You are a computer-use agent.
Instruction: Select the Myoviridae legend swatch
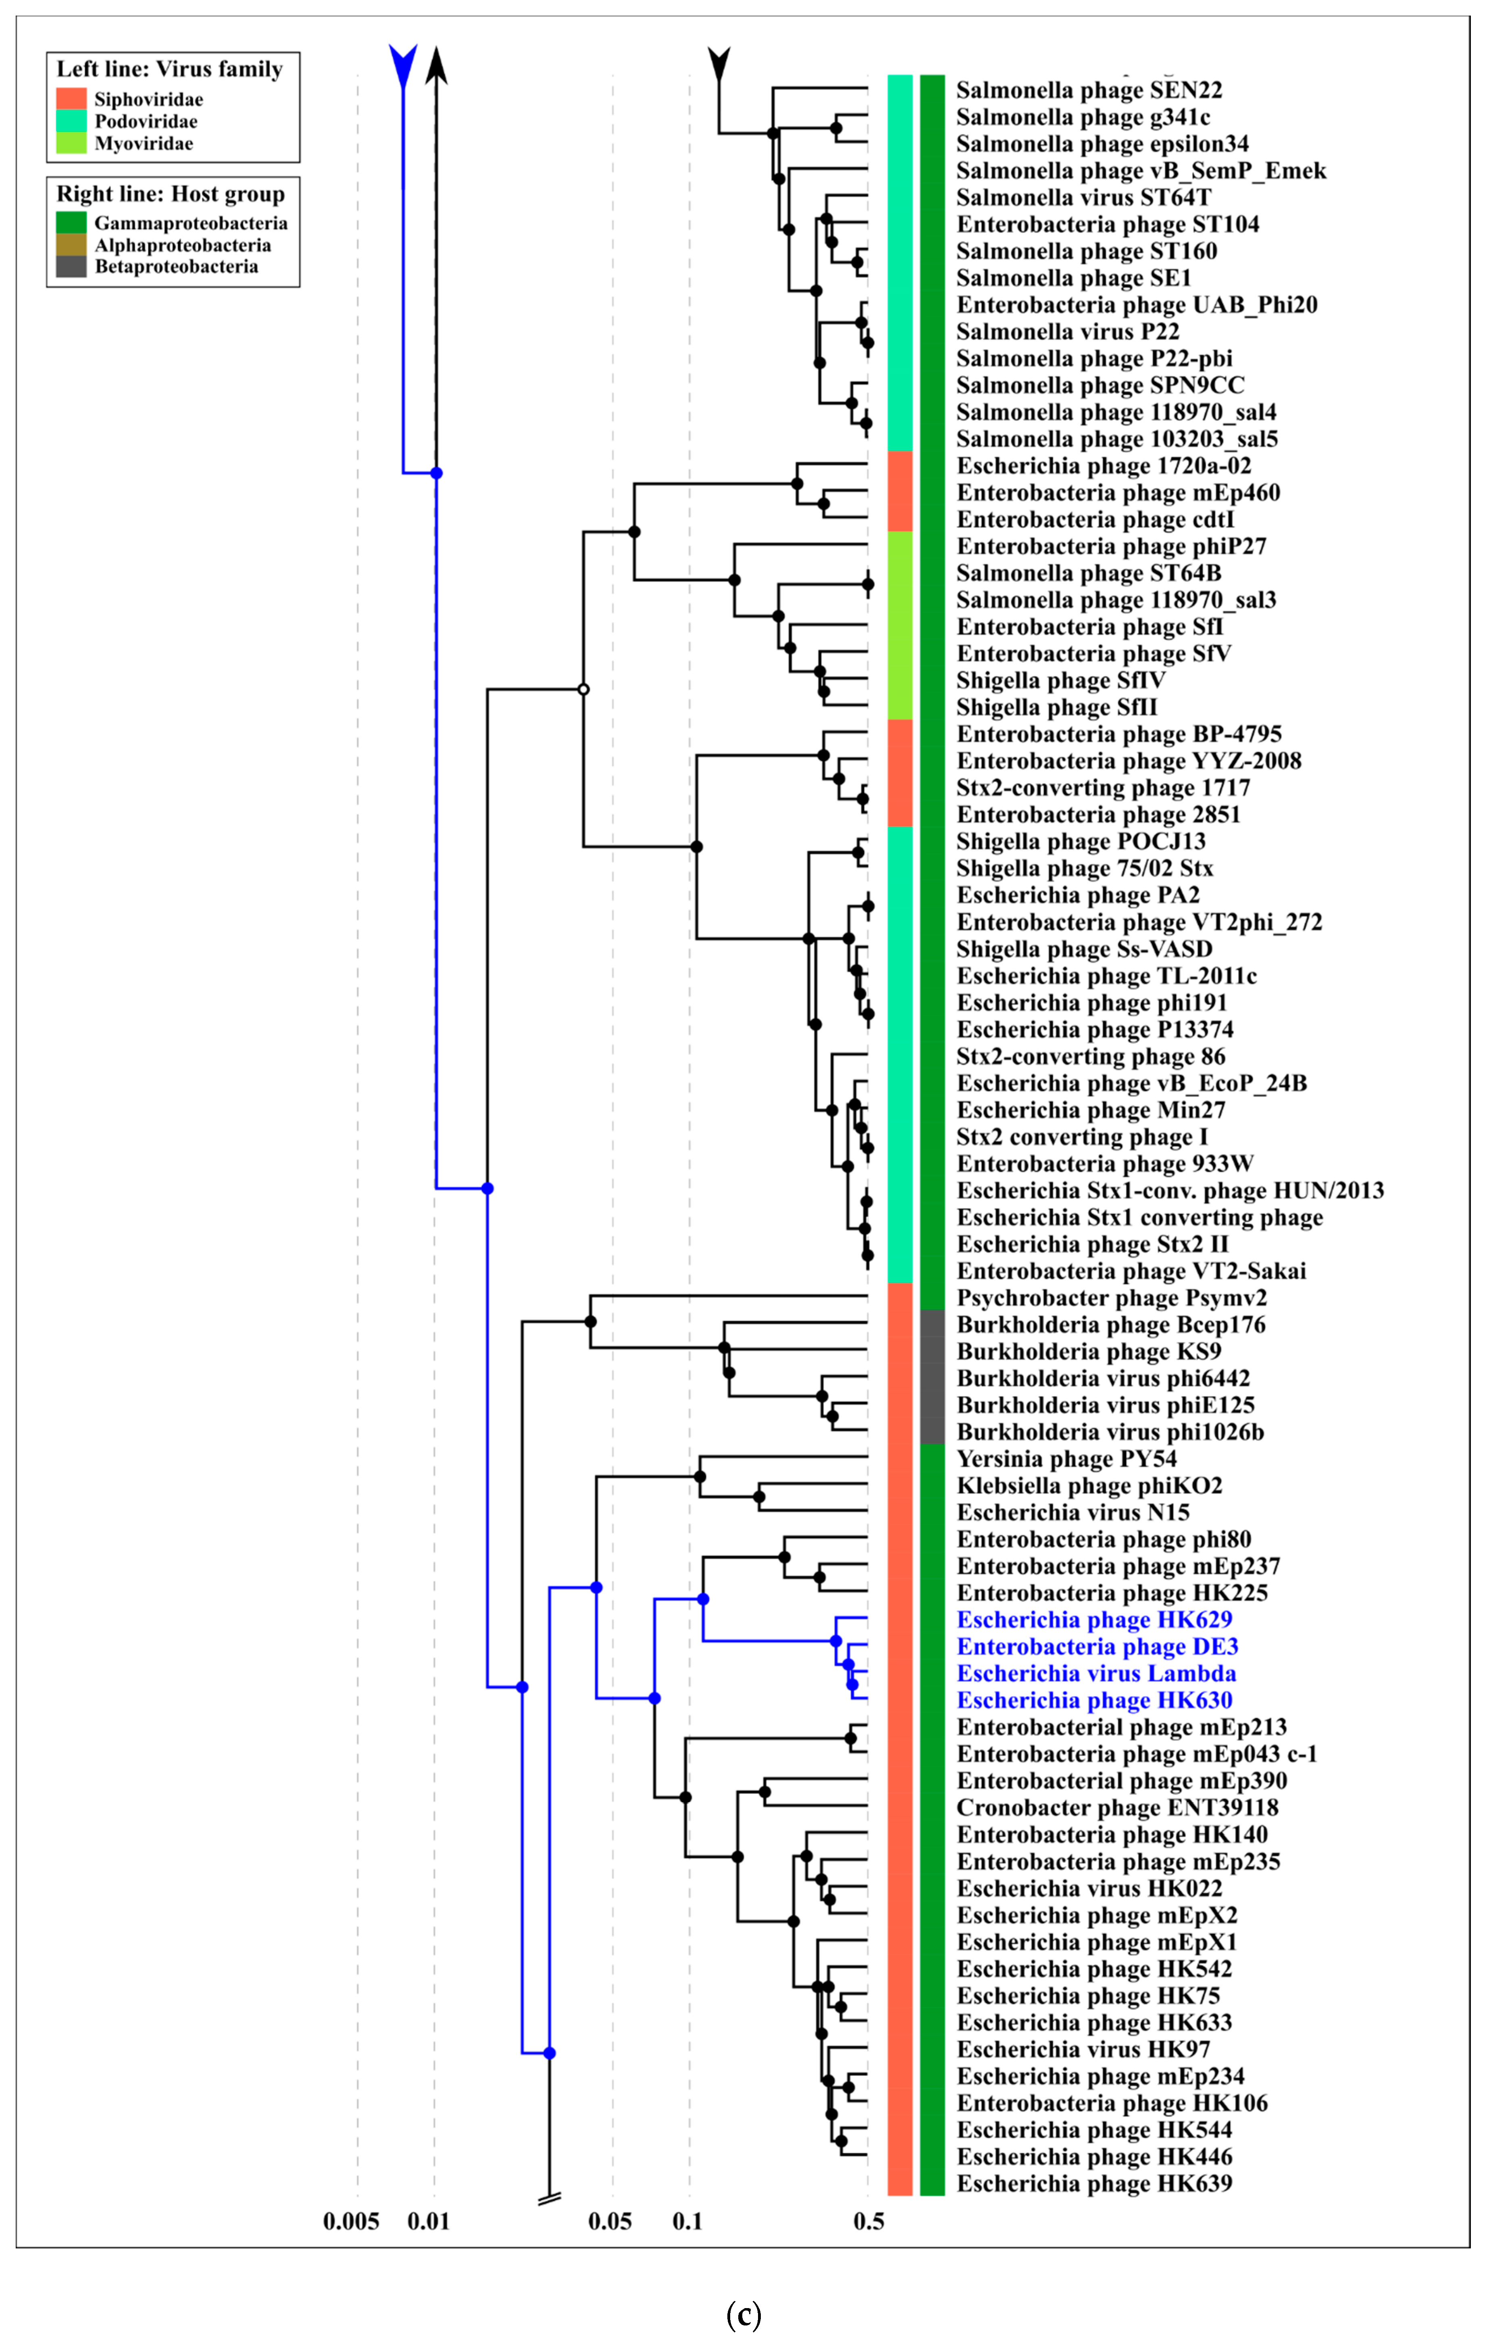tap(71, 143)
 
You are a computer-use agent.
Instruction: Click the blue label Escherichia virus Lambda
tap(1096, 1673)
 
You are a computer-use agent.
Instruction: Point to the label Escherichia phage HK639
tap(1094, 2183)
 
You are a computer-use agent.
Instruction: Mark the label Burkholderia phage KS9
tap(1088, 1351)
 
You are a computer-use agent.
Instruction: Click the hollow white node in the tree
tap(583, 689)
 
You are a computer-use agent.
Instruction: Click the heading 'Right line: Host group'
tap(170, 194)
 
